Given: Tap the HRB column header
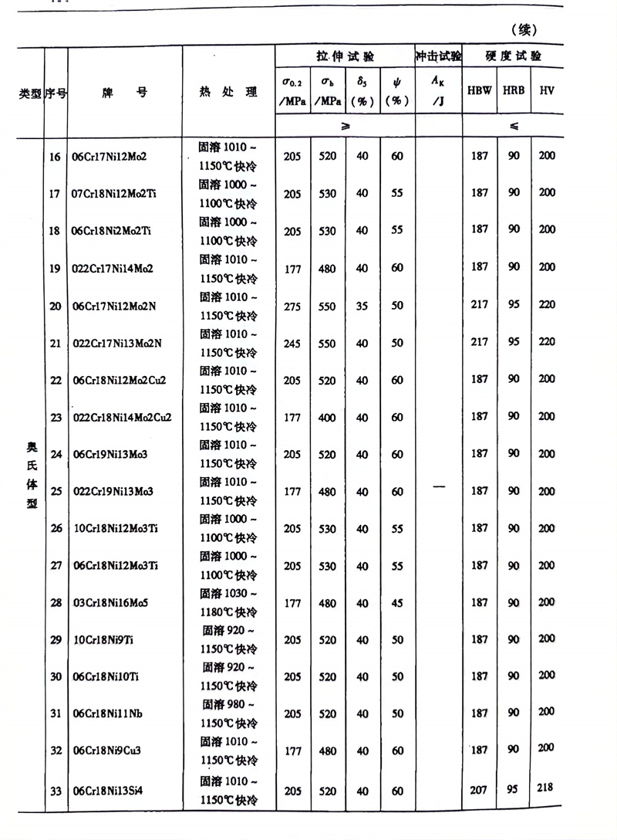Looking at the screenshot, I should [514, 90].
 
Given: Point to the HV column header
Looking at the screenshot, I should [547, 90].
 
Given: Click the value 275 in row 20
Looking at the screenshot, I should [292, 306].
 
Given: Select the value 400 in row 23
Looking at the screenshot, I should [328, 418].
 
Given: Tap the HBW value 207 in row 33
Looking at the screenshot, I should [479, 791].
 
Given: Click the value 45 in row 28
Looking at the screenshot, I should [396, 603].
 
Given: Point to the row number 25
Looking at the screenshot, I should [56, 491].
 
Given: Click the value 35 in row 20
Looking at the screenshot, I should [362, 306].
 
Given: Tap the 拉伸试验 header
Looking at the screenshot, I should [345, 56].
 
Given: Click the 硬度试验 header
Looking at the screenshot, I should [513, 56].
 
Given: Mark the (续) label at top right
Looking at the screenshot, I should [523, 29].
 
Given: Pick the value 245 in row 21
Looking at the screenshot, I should [292, 343].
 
